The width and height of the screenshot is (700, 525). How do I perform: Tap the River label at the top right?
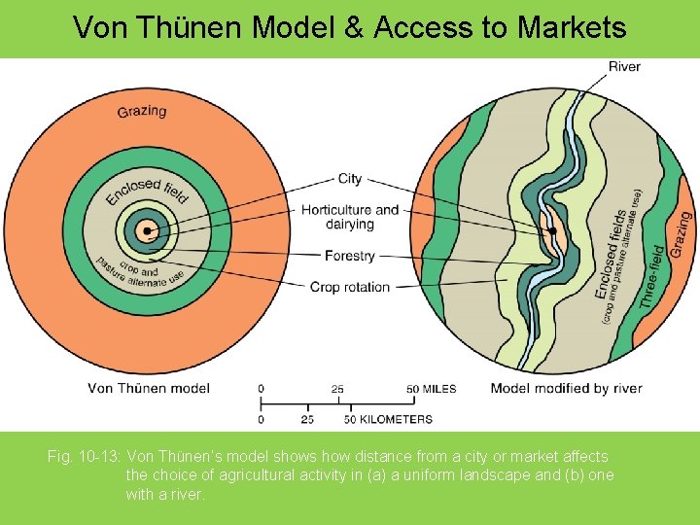click(x=624, y=66)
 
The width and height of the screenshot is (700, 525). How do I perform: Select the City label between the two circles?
click(x=350, y=179)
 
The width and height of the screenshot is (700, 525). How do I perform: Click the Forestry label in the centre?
click(x=351, y=256)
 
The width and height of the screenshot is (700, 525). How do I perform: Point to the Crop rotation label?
click(x=350, y=287)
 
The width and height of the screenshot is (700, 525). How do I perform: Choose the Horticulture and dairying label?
click(x=350, y=217)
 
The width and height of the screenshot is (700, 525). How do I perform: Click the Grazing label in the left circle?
click(x=142, y=111)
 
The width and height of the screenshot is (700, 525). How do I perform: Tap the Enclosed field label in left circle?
click(x=146, y=191)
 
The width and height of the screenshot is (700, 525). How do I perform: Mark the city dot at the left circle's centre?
click(x=147, y=231)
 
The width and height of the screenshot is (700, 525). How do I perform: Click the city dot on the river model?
click(x=551, y=231)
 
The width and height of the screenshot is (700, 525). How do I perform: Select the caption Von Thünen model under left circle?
click(x=148, y=389)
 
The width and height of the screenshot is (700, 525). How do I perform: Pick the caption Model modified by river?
click(x=566, y=389)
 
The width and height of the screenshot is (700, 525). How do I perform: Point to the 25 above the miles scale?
click(x=336, y=389)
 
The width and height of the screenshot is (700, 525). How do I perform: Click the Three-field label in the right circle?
click(x=653, y=278)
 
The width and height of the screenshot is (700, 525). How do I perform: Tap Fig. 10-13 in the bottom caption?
click(x=84, y=456)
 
